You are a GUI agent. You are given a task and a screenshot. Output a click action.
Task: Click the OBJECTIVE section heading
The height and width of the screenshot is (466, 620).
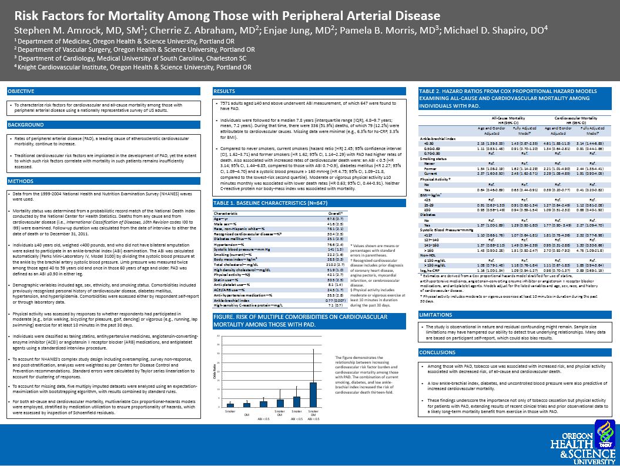coord(21,91)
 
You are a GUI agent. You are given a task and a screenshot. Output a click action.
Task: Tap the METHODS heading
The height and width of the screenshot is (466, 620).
coord(21,181)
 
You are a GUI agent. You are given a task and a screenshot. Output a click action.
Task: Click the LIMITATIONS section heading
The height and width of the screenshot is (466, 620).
coord(435,315)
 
